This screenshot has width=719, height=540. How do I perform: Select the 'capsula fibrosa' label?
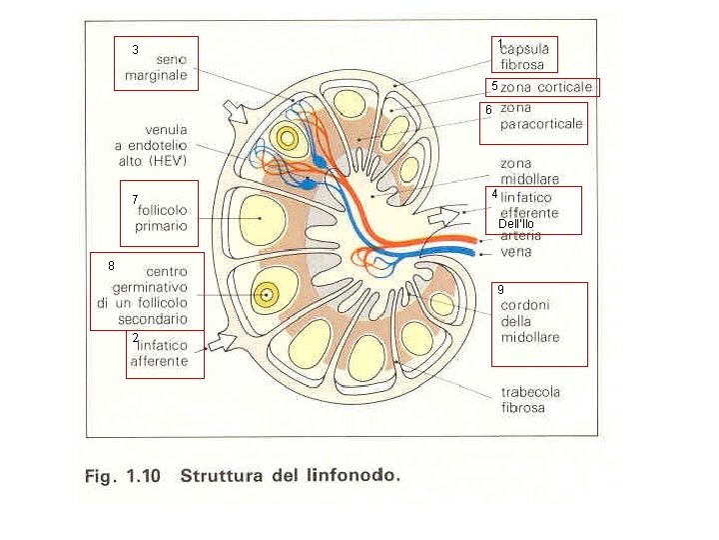pos(523,57)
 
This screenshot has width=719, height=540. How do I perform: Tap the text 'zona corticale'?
pos(546,88)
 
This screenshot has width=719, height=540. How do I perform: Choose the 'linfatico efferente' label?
pos(529,205)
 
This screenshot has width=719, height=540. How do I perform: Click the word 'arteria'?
pos(520,237)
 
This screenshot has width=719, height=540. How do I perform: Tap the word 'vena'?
pos(516,252)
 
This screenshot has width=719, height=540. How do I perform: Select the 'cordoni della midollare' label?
pos(530,321)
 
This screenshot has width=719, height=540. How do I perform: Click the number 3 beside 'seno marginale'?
pos(136,48)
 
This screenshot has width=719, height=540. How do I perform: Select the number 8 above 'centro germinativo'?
pos(112,266)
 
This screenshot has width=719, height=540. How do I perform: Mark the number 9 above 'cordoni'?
pos(500,289)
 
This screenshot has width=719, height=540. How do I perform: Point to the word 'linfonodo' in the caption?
pos(357,475)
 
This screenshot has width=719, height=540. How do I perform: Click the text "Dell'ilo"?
pos(516,222)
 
